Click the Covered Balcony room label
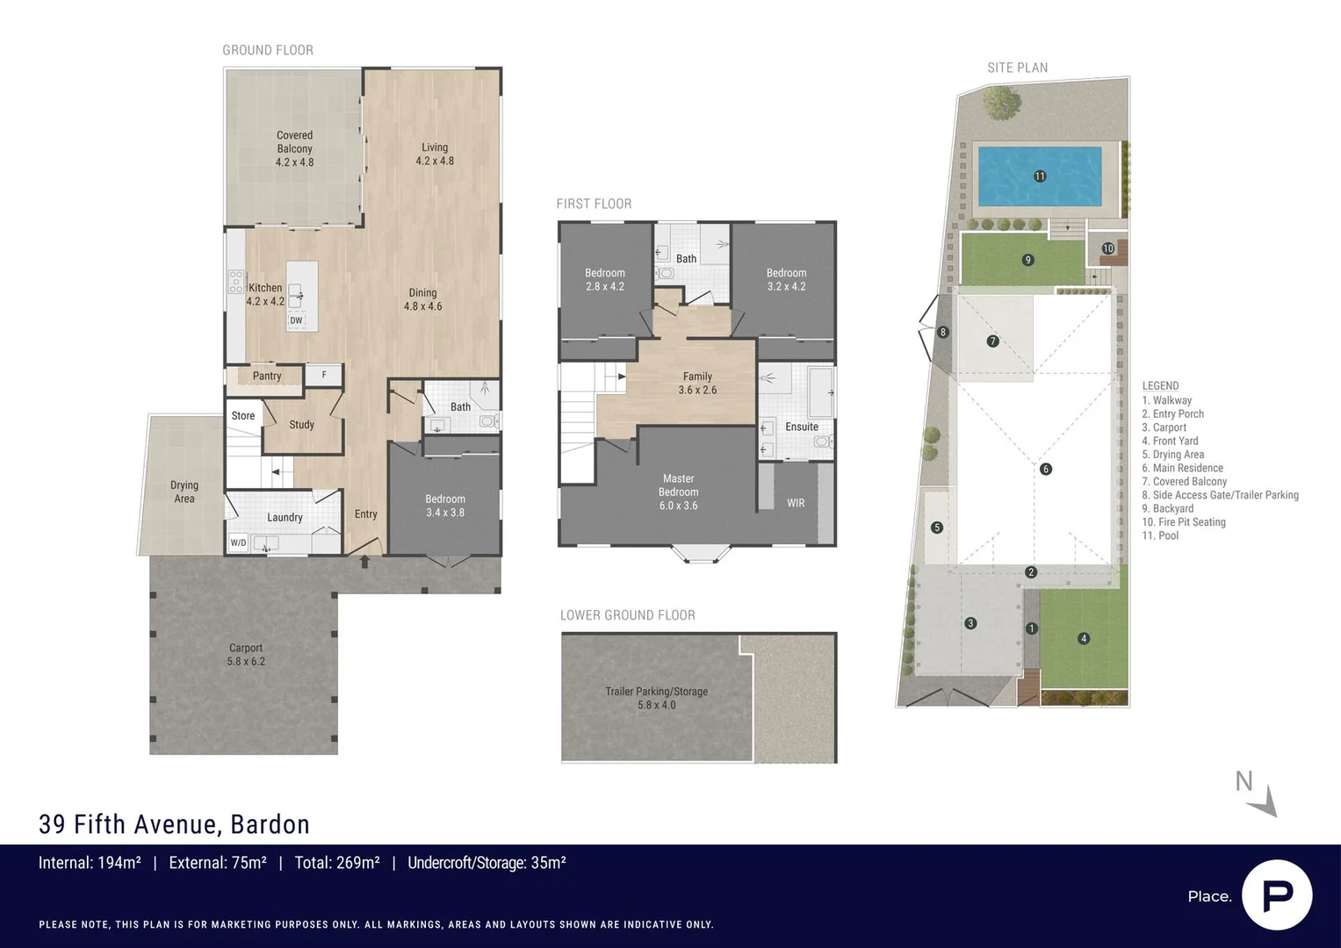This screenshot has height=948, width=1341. pos(294,148)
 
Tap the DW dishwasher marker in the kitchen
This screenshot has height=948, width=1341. pos(296,320)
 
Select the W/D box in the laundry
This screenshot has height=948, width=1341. pos(238,542)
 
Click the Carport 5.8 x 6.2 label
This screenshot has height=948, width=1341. pos(246,655)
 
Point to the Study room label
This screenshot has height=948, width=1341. pos(301,425)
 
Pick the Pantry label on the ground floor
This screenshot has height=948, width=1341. pos(267,376)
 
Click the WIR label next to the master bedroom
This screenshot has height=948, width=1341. pos(796,503)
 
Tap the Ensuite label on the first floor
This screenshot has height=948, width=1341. pos(801,427)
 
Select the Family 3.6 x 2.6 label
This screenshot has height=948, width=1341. pos(697,383)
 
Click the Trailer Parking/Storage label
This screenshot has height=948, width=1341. pos(656,698)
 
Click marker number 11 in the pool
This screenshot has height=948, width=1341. pos(1040,176)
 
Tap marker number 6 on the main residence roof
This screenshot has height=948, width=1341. pos(1045,469)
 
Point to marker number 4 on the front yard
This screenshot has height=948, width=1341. pos(1084,639)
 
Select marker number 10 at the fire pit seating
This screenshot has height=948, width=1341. pos(1107,248)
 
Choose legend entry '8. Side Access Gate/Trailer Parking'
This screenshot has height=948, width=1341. pos(1220,495)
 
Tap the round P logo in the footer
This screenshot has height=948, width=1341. pos(1277,895)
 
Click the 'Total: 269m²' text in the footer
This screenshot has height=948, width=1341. pos(336,863)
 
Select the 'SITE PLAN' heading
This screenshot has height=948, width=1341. pos(1017,68)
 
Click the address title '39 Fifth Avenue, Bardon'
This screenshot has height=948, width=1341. pos(174,824)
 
